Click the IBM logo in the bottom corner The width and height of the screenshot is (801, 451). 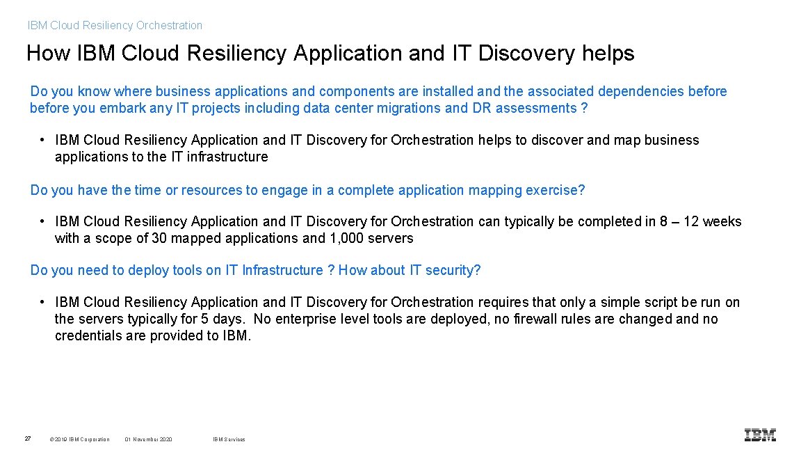760,435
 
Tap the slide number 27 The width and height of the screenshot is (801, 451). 27,438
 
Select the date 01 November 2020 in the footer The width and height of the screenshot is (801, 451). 149,439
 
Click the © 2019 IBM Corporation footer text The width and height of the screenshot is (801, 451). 80,439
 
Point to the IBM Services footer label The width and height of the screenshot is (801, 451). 229,439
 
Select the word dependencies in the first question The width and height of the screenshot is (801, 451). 640,91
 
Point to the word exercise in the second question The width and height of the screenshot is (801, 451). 558,190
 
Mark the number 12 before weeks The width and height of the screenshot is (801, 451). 691,221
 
